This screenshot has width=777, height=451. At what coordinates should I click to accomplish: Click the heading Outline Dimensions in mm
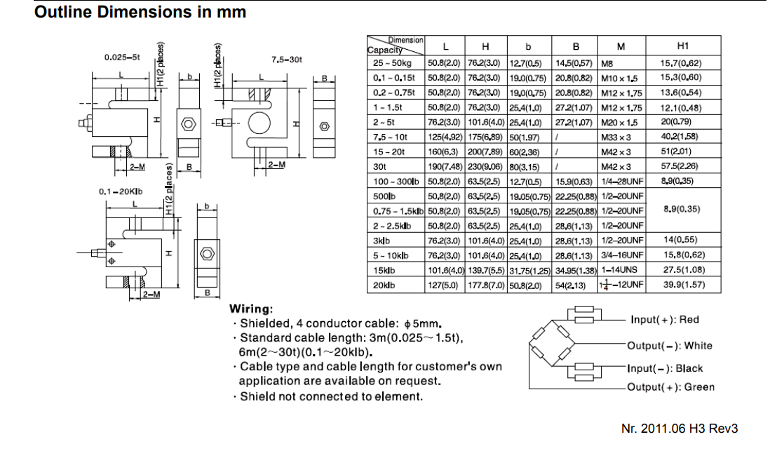(140, 13)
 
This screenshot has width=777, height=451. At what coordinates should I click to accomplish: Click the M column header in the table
(621, 47)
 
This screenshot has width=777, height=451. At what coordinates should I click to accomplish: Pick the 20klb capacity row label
(384, 285)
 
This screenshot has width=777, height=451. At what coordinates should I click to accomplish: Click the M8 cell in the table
(608, 63)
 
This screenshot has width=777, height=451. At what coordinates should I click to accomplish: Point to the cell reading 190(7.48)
(443, 166)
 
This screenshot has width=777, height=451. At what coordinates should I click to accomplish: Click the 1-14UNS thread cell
(620, 270)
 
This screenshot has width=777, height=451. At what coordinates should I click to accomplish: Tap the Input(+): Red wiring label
(665, 320)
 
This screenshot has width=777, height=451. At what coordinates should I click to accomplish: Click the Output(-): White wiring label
(670, 346)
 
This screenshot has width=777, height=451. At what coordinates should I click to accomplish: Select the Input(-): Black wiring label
(665, 368)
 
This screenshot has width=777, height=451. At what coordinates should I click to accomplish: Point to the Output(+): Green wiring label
(671, 387)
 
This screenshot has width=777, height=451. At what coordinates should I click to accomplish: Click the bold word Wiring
(251, 309)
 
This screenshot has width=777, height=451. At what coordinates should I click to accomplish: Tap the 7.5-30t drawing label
(286, 60)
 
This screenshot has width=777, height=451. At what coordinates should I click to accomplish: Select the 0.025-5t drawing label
(122, 57)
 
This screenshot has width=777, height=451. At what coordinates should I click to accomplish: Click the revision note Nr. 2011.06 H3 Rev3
(680, 429)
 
